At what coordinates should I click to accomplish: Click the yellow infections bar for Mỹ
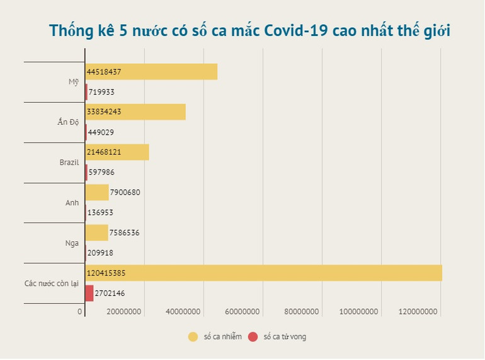tap(151, 72)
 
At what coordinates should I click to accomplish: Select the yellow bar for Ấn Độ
tap(135, 112)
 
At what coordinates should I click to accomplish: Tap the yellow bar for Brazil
tap(117, 153)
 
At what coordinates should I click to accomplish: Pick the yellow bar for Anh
tap(97, 192)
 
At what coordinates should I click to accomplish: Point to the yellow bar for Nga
tap(96, 233)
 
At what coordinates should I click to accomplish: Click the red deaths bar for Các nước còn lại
tap(89, 293)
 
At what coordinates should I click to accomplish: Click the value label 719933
tap(101, 92)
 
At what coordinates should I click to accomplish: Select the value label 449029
tap(101, 132)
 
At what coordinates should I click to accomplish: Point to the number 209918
tap(101, 253)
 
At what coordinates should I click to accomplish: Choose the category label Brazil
tap(69, 163)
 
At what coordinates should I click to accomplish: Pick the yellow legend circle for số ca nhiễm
tap(193, 337)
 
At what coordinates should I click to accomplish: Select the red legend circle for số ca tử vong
tap(253, 337)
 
